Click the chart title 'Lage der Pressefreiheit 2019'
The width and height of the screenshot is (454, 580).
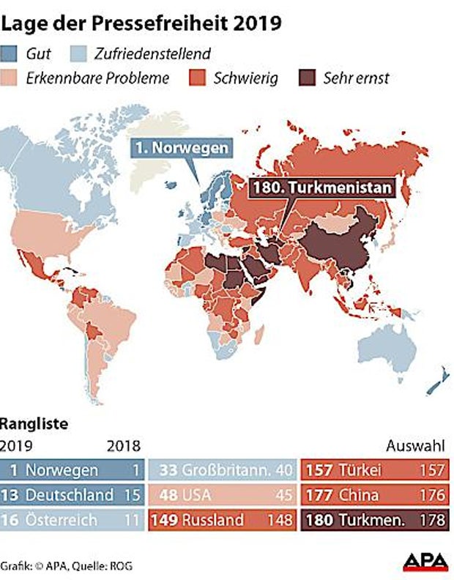click(141, 23)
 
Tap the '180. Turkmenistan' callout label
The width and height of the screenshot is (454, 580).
click(321, 187)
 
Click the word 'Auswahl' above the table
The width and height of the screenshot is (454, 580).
click(413, 445)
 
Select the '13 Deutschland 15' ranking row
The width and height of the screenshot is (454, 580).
click(72, 494)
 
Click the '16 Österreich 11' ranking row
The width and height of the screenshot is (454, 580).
click(72, 521)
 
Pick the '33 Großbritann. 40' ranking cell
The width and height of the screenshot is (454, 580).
click(223, 469)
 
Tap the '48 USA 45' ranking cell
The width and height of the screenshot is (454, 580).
click(223, 494)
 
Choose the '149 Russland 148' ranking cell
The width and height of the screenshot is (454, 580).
click(223, 521)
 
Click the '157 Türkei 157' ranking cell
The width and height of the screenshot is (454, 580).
click(375, 469)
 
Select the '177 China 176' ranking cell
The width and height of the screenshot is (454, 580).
click(375, 494)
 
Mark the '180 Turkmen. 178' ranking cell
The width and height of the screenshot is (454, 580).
click(375, 521)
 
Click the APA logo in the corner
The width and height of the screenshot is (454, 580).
click(425, 562)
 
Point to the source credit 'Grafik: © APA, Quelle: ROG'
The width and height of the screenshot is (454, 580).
click(63, 565)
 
